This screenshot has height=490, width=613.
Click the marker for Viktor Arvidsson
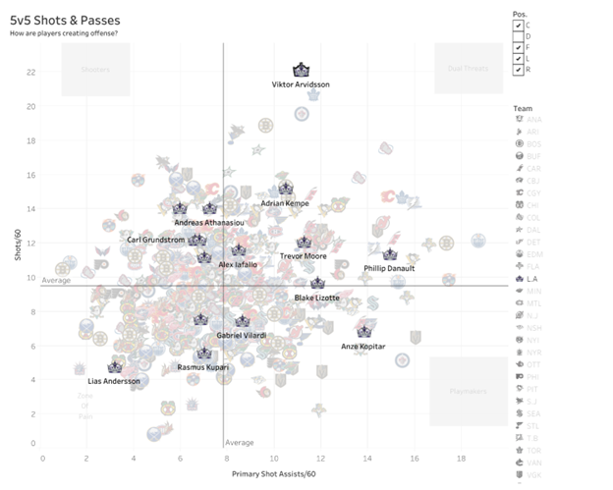[x=302, y=71]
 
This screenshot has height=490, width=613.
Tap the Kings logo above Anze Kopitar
[x=364, y=332]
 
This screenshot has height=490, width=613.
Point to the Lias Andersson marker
[x=114, y=367]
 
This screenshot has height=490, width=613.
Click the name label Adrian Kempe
[x=285, y=203]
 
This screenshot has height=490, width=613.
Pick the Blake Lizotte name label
[x=317, y=297]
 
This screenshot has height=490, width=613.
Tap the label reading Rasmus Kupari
[x=202, y=367]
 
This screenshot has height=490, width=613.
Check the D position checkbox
[x=518, y=36]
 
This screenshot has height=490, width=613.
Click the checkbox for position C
[x=518, y=25]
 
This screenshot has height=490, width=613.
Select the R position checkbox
[x=518, y=71]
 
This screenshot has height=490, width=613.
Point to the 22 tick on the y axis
[x=31, y=72]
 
